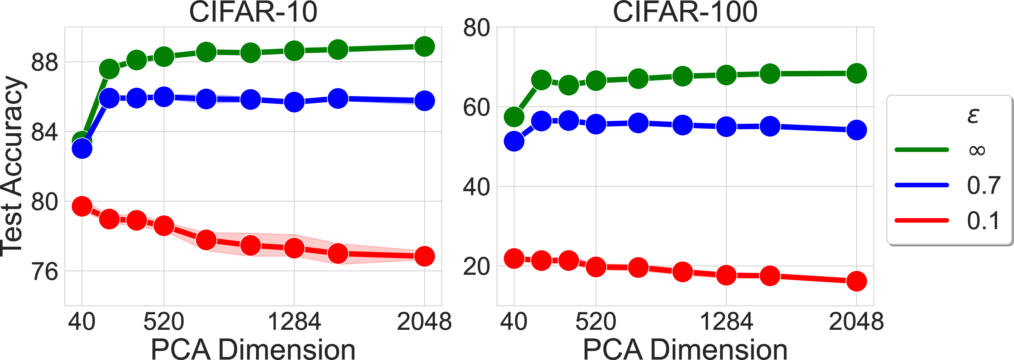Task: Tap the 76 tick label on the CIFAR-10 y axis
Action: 44,272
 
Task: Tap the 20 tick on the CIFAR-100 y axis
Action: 476,266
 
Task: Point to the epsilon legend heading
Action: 973,116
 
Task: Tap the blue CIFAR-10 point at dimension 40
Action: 82,149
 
